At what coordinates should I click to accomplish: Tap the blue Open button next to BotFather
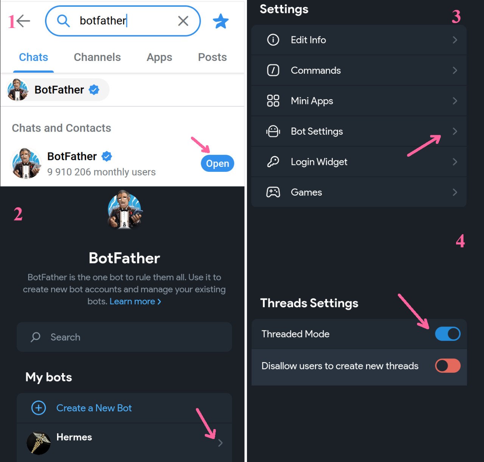point(217,163)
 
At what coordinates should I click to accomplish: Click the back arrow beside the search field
point(23,21)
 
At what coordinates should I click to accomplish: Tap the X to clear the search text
point(183,21)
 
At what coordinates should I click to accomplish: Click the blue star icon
point(220,21)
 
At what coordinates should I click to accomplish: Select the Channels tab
point(97,57)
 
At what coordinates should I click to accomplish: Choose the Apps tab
point(159,58)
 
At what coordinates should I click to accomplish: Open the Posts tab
point(212,57)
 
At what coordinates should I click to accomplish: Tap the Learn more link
point(135,301)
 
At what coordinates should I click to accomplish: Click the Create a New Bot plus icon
point(39,408)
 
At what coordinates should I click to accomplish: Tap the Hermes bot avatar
point(39,443)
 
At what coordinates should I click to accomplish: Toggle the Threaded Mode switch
point(448,334)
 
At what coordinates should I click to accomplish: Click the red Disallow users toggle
point(448,366)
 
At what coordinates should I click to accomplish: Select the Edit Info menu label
point(308,40)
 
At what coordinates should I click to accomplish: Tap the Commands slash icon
point(273,70)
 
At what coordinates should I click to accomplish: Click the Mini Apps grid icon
point(273,101)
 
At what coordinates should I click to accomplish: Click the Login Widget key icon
point(273,162)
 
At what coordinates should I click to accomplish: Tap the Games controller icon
point(273,192)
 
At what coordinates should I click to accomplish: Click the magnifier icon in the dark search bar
point(36,337)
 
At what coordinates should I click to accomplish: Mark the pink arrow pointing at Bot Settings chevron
point(424,145)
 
